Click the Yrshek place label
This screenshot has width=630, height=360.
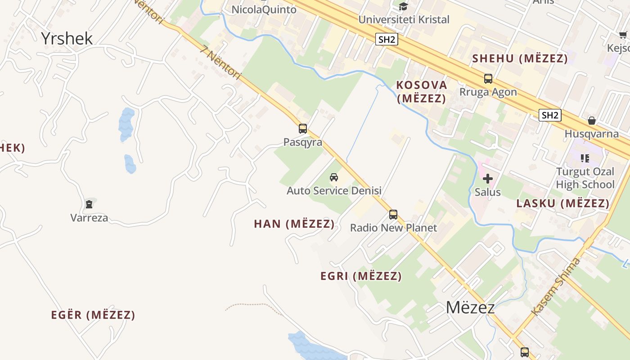coord(67,38)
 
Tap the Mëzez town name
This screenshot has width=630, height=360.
coord(470,307)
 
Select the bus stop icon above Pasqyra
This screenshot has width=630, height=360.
coord(303,129)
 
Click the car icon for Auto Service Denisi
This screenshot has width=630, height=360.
coord(334,177)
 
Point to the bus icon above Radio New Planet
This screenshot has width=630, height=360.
coord(393,215)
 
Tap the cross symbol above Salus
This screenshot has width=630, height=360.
coord(488,179)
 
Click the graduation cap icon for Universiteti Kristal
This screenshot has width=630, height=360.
coord(403,6)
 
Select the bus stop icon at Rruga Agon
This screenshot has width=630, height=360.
coord(488,79)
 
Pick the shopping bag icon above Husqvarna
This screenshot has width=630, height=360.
coord(592,121)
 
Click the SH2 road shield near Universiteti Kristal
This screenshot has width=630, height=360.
coord(387,40)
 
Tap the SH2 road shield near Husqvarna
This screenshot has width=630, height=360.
coord(550,115)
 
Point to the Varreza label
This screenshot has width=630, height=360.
coord(89,218)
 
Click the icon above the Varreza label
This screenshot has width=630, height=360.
coord(89,204)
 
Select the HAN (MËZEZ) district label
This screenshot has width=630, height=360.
coord(294,224)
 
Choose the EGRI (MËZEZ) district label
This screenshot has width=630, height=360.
coord(361,276)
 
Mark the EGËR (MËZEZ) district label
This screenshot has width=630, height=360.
coord(93,315)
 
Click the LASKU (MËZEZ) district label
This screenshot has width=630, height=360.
coord(563,203)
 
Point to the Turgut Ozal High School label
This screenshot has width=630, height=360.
coord(585,178)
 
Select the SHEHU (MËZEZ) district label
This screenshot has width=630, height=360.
coord(520,58)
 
